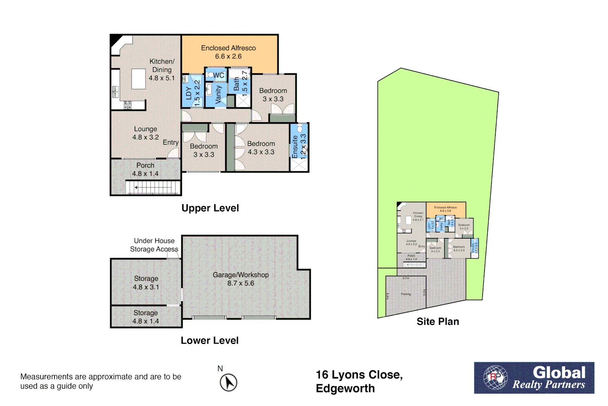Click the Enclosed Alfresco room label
(228, 48)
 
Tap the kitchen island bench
(138, 79)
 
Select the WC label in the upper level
(218, 75)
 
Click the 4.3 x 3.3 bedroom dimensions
(261, 152)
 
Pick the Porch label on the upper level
(145, 165)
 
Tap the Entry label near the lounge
(170, 142)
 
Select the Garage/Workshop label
(241, 275)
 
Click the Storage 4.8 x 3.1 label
(146, 283)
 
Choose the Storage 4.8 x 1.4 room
(146, 317)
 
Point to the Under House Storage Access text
(154, 245)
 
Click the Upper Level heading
(210, 208)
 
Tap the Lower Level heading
(209, 341)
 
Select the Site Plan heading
(438, 322)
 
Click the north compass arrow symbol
(229, 383)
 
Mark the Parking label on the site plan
(406, 294)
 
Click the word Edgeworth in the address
(345, 388)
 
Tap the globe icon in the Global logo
(495, 377)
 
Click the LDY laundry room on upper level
(193, 92)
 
